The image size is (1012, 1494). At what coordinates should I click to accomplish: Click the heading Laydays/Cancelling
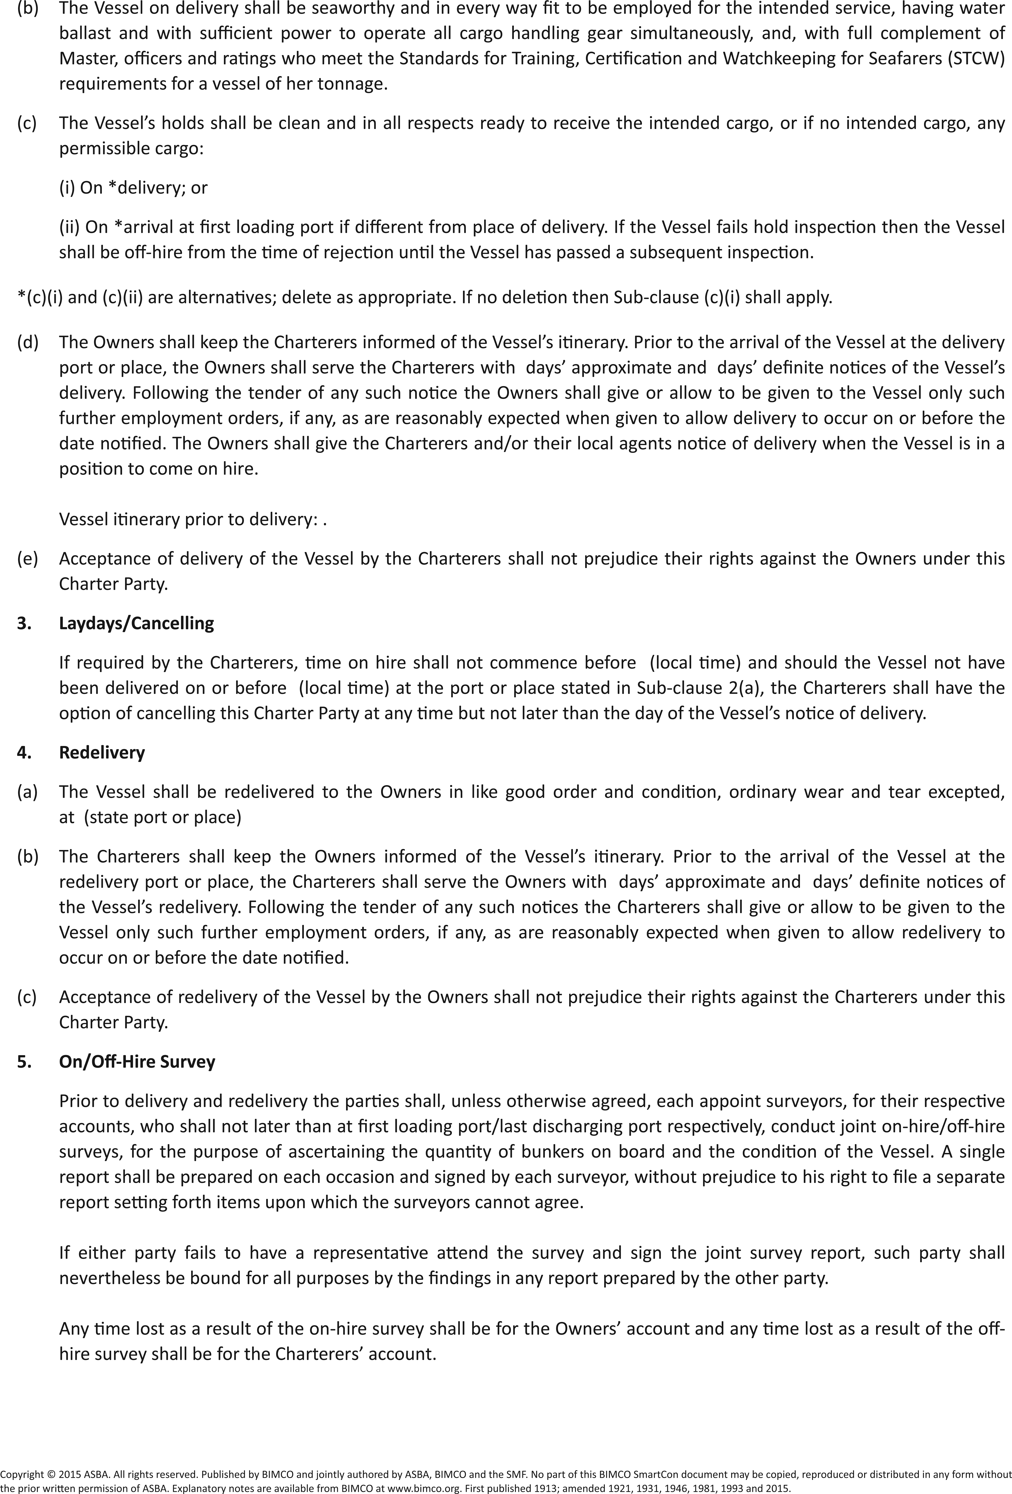click(136, 623)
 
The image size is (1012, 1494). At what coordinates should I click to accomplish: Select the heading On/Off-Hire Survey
click(137, 1061)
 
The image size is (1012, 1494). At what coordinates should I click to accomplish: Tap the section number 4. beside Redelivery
click(24, 752)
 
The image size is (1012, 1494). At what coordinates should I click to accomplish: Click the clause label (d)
click(27, 342)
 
